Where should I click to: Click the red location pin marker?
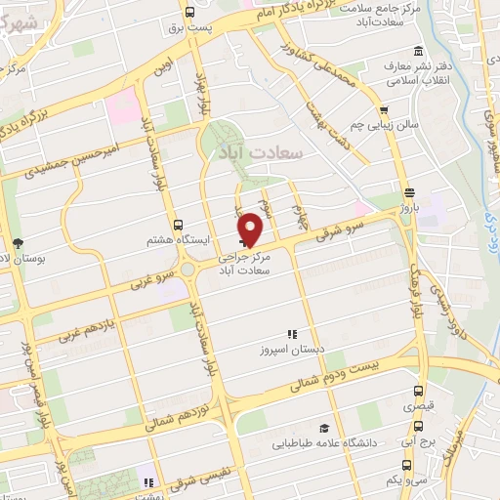coord(251,228)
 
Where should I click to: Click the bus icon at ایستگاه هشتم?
coord(177,224)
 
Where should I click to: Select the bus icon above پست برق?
coord(189,13)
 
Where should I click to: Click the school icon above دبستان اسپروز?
coord(290,333)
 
